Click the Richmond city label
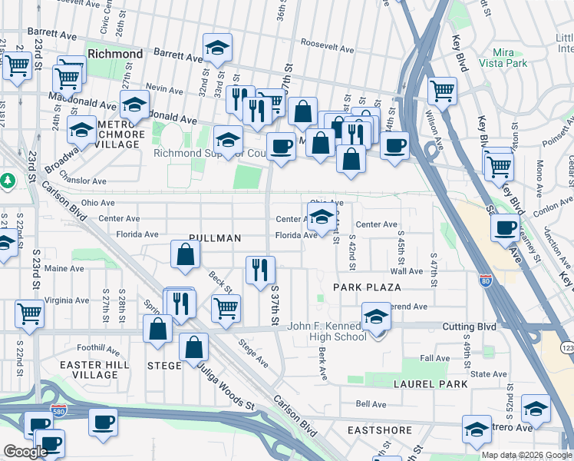tap(115, 55)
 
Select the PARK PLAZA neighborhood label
tap(367, 287)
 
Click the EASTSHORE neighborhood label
tap(379, 430)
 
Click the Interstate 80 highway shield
tap(484, 282)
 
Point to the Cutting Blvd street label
tap(469, 327)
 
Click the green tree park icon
tap(8, 180)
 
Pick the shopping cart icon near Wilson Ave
tap(442, 89)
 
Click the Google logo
tap(25, 452)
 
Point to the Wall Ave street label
tap(407, 271)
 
